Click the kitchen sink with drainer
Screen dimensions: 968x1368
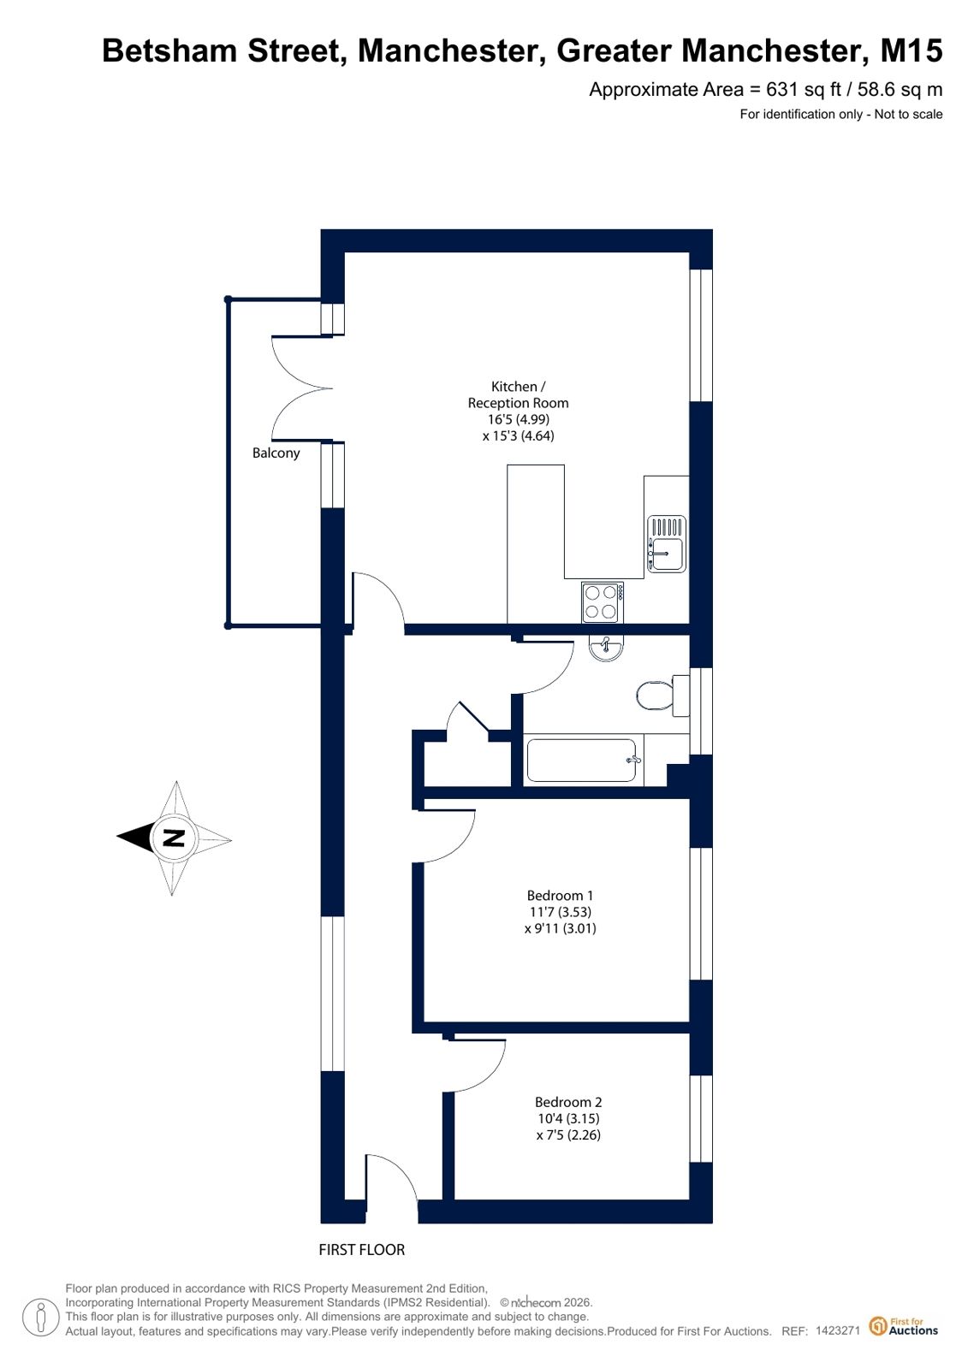point(666,543)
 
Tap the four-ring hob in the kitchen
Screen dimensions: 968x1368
point(603,602)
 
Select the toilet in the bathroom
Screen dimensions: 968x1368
point(662,695)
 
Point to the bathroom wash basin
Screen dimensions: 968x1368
point(606,648)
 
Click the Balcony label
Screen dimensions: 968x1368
point(276,453)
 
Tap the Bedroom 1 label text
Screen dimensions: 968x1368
point(560,896)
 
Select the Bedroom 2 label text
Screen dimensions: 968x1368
point(568,1102)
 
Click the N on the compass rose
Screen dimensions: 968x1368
point(175,838)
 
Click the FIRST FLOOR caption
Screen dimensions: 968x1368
point(362,1250)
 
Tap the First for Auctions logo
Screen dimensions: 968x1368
point(903,1326)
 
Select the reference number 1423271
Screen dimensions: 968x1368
point(838,1330)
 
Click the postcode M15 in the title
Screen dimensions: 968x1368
point(912,50)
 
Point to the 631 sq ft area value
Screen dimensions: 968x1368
point(804,90)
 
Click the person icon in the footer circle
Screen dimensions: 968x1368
point(41,1317)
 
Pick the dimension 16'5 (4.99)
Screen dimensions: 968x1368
point(518,419)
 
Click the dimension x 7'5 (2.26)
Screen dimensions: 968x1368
point(568,1135)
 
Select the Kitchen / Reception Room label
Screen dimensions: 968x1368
point(518,394)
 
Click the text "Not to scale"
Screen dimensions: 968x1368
point(908,114)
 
